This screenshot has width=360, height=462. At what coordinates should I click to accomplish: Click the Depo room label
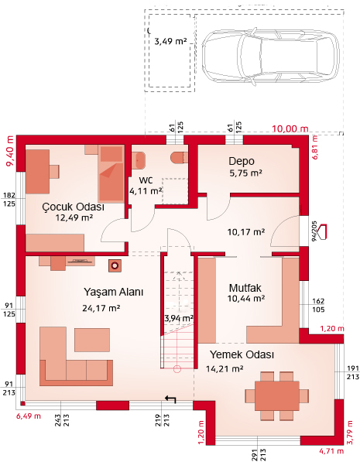tap(242, 161)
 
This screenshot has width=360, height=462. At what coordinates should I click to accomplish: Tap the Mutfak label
tap(245, 288)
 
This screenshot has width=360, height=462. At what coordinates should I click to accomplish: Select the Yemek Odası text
tap(242, 354)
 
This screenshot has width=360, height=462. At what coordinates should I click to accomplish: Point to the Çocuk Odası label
tap(73, 207)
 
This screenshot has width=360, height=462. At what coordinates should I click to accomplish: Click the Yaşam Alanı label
tap(114, 292)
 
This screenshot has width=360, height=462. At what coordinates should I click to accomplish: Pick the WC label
tap(146, 180)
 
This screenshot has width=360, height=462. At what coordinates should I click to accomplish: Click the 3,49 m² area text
tap(171, 41)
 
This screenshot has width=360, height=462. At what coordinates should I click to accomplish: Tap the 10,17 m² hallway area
tap(246, 232)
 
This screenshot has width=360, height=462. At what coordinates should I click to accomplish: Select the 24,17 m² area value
tap(101, 308)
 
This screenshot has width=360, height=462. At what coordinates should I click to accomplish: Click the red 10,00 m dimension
tap(290, 128)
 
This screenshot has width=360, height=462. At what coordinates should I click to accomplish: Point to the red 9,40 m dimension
tap(10, 151)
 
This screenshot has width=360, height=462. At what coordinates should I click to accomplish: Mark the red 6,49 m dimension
tap(29, 416)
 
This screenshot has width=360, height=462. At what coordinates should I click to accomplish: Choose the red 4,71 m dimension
tap(331, 451)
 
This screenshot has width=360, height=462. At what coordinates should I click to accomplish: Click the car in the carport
tap(270, 56)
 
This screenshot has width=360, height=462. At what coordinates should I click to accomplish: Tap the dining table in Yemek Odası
tap(277, 395)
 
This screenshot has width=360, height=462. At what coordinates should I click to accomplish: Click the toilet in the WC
tap(180, 157)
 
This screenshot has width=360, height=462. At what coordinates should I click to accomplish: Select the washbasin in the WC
tap(138, 160)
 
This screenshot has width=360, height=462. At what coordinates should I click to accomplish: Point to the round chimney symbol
tap(115, 266)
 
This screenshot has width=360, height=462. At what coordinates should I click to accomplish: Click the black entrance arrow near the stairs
tap(170, 399)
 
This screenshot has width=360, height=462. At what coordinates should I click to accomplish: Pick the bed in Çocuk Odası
tap(111, 173)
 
